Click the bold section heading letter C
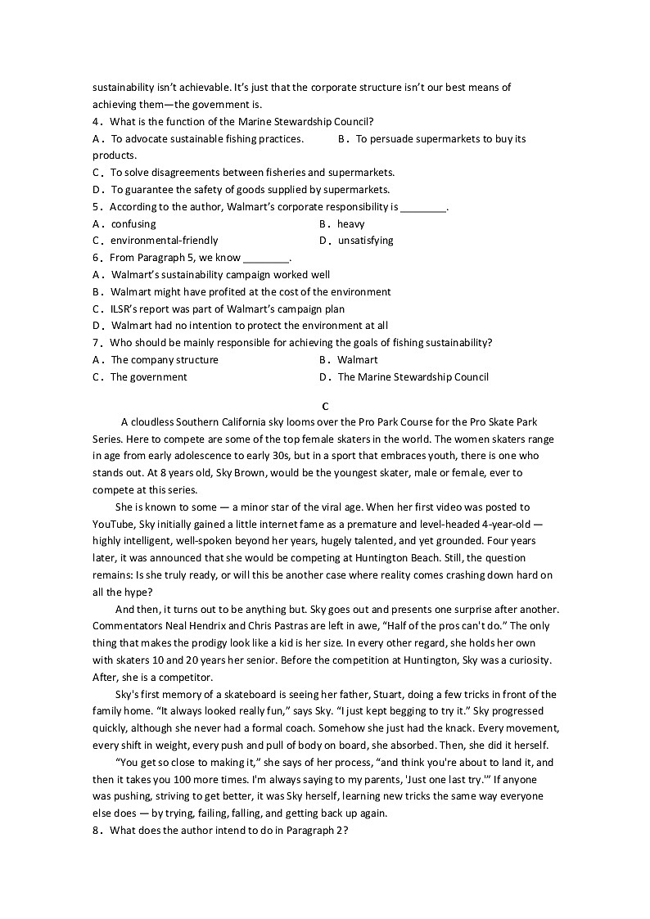click(x=326, y=406)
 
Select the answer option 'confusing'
click(x=133, y=223)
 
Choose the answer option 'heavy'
click(x=350, y=223)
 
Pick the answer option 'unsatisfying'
click(x=365, y=241)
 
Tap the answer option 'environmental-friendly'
click(x=164, y=241)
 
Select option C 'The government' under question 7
click(x=148, y=377)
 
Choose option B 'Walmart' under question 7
click(x=357, y=360)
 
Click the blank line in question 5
click(x=423, y=207)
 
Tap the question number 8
click(x=97, y=831)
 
